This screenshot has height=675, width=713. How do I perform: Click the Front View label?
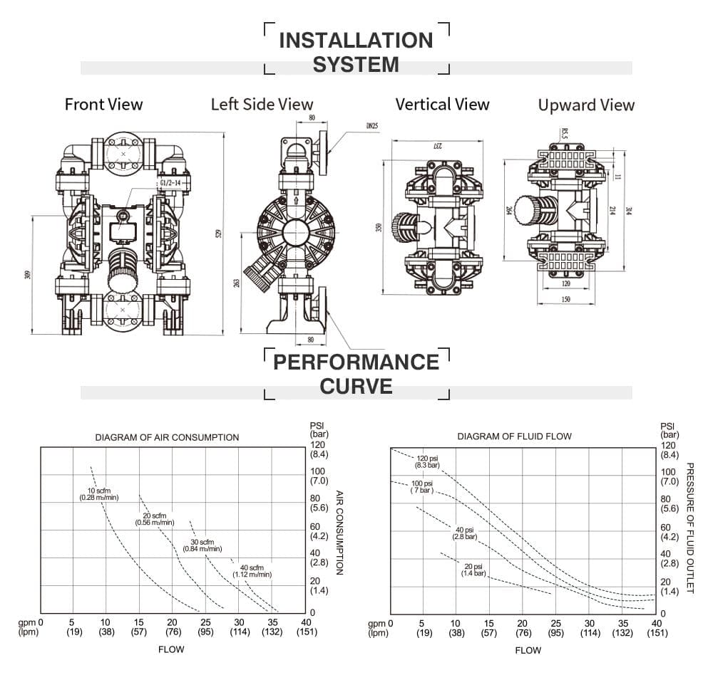click(103, 105)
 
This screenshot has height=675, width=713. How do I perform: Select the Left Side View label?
click(262, 105)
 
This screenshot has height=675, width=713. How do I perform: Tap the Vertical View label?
click(442, 105)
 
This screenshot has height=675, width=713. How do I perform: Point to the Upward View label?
click(586, 105)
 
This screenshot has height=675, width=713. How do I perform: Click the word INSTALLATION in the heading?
click(356, 41)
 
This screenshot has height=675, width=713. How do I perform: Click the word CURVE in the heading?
click(356, 387)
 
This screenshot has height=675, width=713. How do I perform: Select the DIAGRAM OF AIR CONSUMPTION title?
click(167, 437)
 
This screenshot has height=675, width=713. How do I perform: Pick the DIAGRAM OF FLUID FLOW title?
click(514, 436)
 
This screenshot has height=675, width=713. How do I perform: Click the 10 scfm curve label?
click(98, 494)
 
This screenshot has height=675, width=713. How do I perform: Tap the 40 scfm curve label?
click(252, 570)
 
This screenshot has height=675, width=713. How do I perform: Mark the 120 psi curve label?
click(429, 461)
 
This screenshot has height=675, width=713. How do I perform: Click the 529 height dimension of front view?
click(218, 233)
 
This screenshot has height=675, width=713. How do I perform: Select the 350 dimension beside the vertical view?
click(379, 227)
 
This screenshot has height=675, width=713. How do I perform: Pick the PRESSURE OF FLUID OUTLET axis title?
click(689, 527)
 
